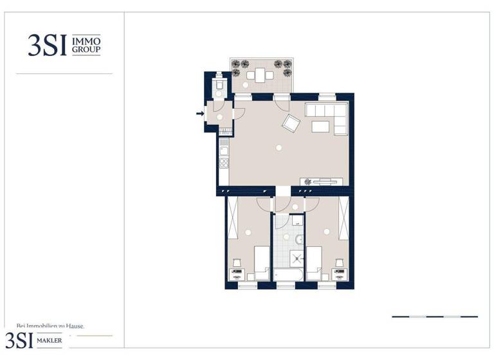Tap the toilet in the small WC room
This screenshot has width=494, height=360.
point(219,84)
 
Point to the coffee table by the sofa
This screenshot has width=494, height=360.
point(321,127)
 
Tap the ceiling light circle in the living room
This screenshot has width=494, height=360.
point(279,148)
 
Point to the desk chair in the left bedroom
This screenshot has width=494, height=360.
point(237,263)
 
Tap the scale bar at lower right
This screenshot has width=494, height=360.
point(435,316)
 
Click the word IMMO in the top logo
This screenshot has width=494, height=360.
point(86,40)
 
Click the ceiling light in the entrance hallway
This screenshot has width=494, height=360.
point(219,117)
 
